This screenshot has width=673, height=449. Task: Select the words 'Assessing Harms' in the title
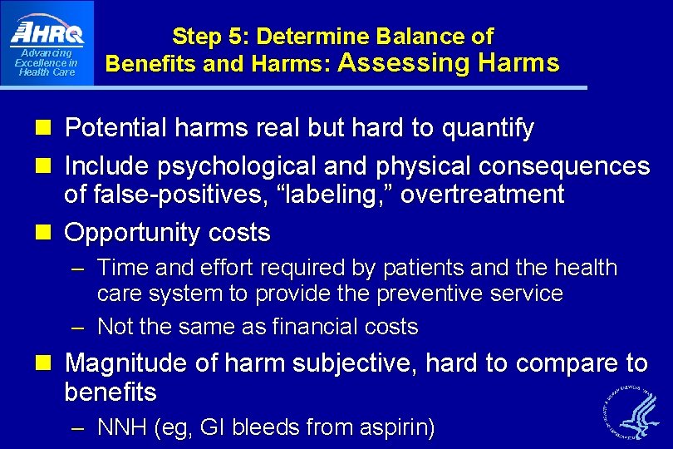click(x=449, y=62)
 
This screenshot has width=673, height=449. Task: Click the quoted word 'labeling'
click(x=336, y=195)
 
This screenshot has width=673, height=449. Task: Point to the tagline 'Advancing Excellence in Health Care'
click(x=47, y=63)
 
